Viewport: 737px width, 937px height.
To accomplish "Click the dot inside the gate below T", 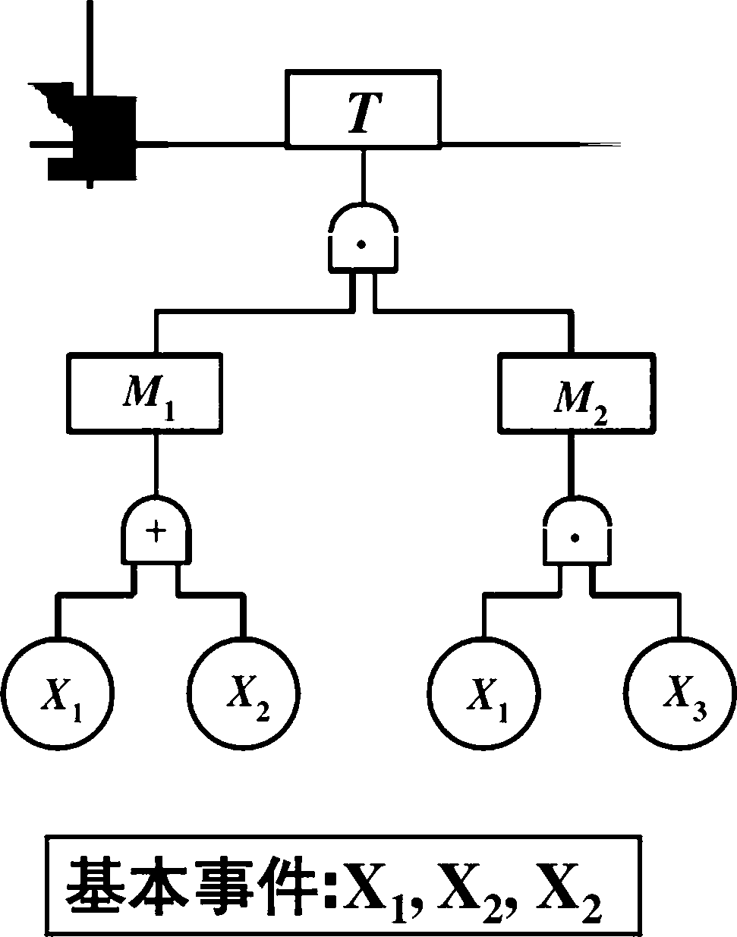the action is (x=361, y=244).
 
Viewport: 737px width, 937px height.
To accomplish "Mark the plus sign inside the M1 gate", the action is (x=156, y=532).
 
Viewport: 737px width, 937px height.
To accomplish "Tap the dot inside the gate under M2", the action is (x=575, y=539).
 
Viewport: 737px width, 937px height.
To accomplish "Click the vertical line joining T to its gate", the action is (x=364, y=176).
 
